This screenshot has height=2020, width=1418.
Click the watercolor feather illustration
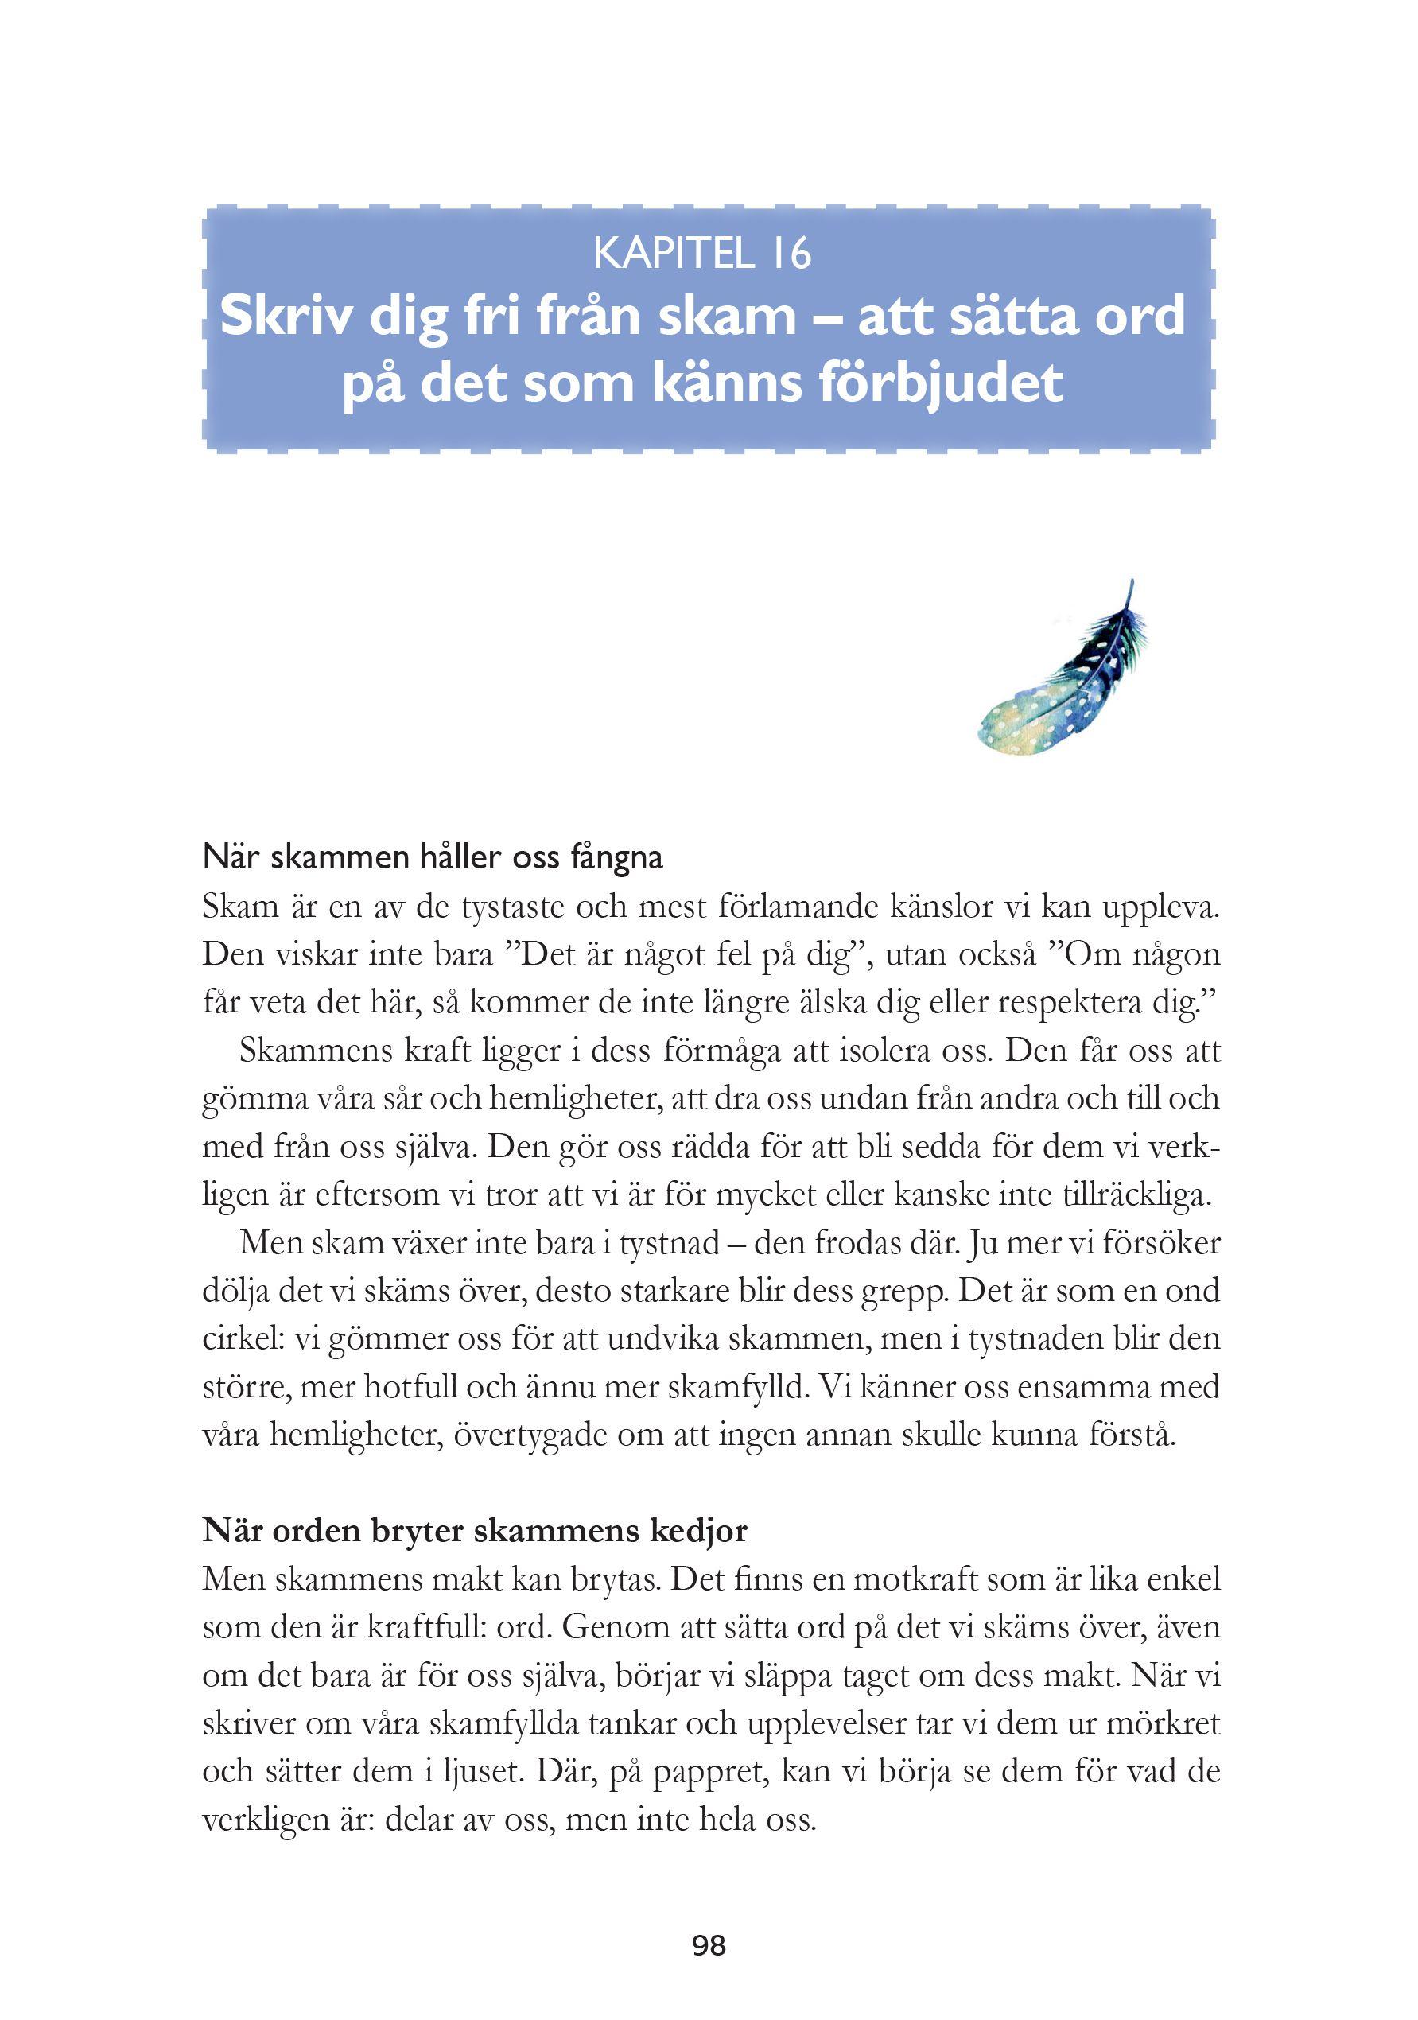click(1065, 673)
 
